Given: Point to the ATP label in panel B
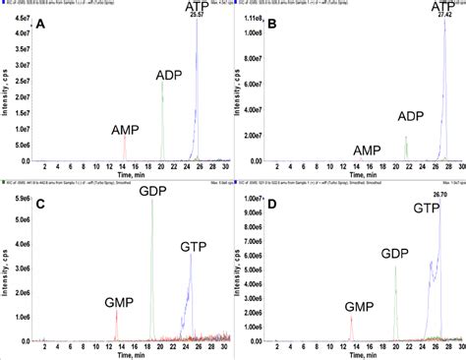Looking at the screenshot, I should point(445,8).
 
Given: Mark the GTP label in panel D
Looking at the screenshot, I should point(427,209).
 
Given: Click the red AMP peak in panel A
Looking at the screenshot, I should point(124,148).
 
